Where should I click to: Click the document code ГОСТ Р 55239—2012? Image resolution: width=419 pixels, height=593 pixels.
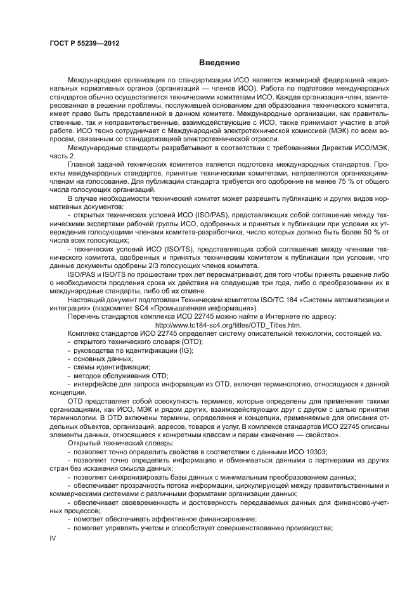[84, 43]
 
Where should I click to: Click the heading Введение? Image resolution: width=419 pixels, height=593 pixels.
[219, 63]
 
